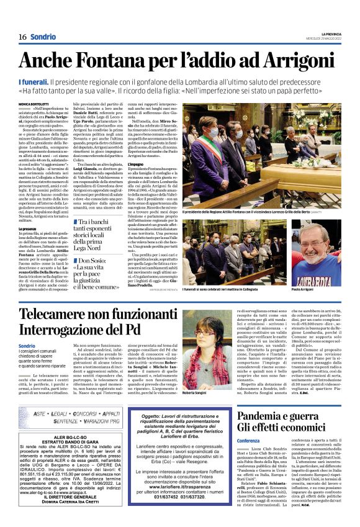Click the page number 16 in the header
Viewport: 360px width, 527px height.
(22, 37)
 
